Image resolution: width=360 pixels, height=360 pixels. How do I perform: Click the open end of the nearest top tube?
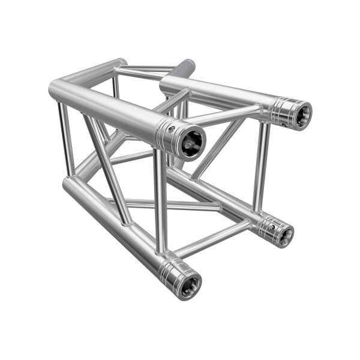click(x=191, y=142)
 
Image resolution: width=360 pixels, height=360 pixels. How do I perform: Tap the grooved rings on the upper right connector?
click(x=280, y=112)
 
